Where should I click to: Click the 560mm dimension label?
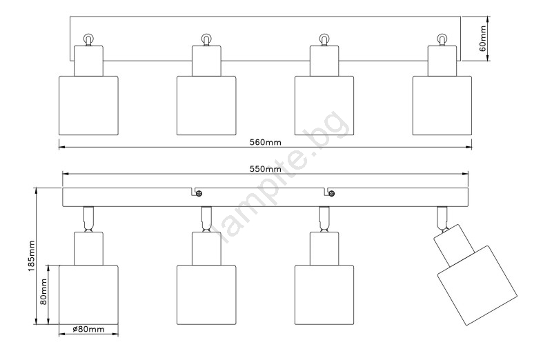click(265, 142)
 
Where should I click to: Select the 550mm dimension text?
click(265, 169)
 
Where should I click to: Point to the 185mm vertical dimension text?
click(32, 256)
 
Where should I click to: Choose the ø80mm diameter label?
click(89, 330)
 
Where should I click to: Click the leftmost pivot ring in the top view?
click(88, 38)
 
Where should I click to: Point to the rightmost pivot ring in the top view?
click(442, 38)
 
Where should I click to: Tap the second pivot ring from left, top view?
click(206, 38)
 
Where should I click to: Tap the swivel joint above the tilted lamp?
click(442, 218)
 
